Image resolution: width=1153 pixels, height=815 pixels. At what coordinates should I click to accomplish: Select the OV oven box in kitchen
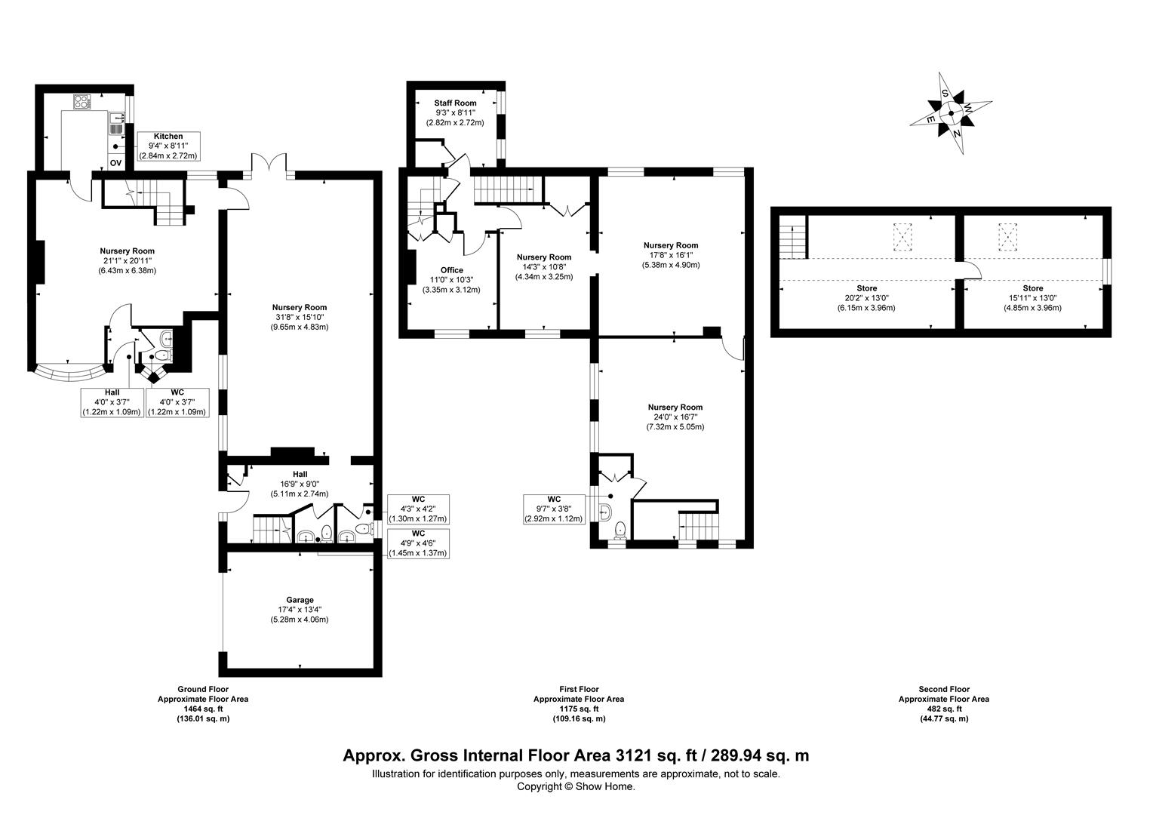(116, 162)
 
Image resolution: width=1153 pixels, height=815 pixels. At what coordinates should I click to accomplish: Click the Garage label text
(300, 600)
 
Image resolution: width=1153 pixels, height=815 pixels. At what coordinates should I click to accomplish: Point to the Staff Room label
(455, 103)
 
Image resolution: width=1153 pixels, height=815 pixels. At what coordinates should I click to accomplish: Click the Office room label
(451, 270)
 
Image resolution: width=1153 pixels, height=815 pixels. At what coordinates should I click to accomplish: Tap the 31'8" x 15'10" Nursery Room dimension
(300, 317)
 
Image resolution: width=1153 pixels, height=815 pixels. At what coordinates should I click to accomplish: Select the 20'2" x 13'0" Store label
(866, 298)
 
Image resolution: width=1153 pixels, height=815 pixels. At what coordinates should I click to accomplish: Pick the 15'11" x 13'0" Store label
(1032, 298)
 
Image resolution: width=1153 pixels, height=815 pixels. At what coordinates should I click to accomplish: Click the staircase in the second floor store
(793, 241)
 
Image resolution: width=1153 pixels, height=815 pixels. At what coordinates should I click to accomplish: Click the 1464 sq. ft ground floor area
(202, 709)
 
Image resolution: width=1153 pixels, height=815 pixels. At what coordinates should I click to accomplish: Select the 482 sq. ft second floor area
(943, 709)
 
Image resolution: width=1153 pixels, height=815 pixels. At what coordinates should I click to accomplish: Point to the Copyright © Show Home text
(576, 786)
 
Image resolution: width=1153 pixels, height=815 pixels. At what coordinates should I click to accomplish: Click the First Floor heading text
(579, 689)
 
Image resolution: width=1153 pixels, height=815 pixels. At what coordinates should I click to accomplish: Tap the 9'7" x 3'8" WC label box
(554, 509)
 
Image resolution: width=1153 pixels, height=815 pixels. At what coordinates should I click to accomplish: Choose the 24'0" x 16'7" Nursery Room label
(675, 417)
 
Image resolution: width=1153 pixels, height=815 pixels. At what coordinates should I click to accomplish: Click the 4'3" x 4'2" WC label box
(418, 509)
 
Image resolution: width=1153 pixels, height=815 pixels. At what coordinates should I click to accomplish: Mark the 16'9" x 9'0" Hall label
(300, 484)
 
